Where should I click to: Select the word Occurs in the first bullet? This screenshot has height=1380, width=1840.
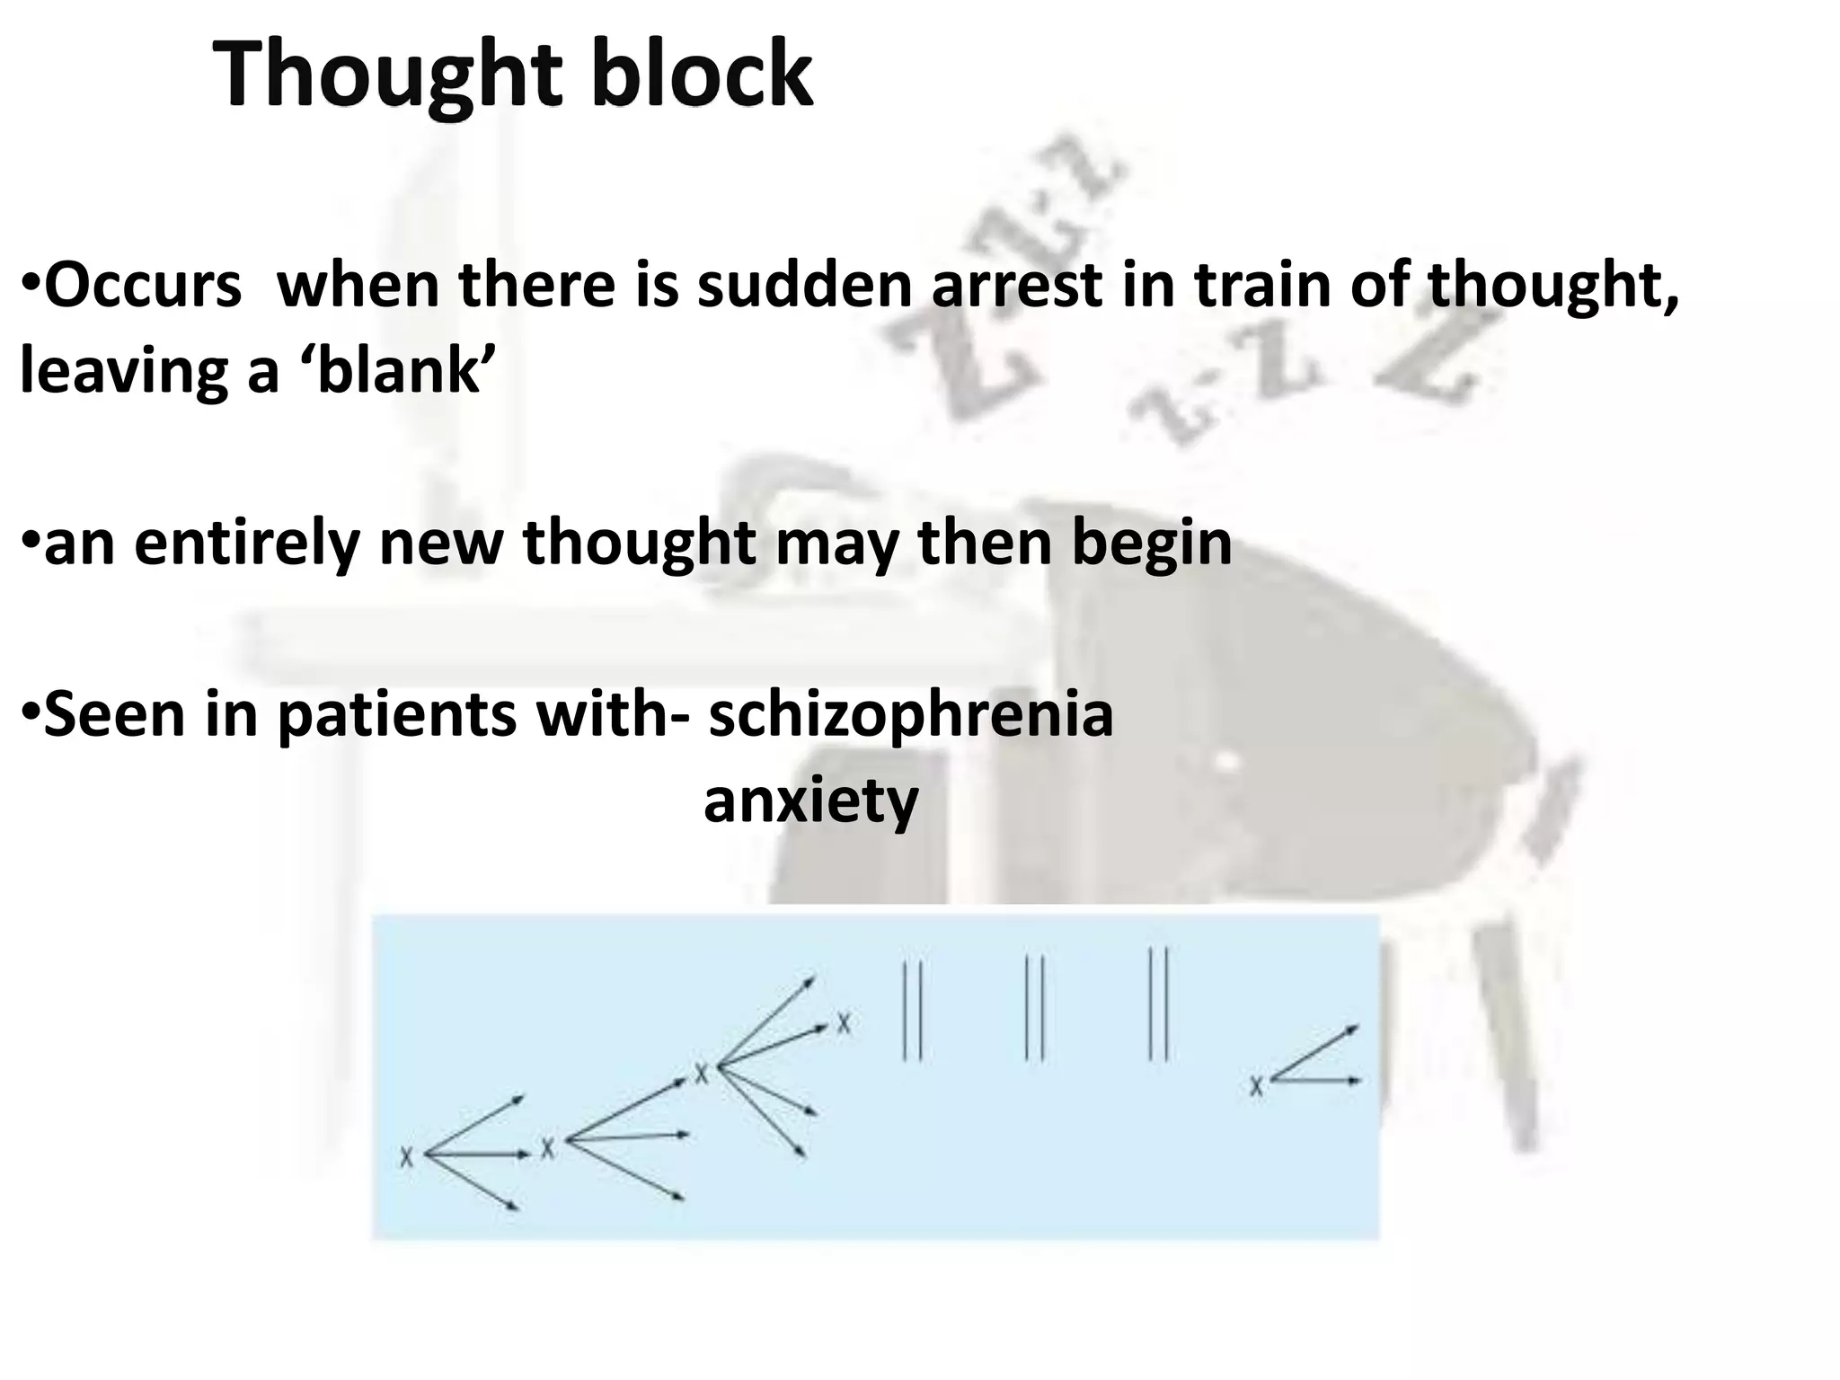point(143,286)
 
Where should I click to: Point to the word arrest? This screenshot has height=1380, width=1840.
point(1015,286)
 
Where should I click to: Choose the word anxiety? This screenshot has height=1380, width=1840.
point(810,801)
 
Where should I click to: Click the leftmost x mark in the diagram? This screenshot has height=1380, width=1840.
point(407,1156)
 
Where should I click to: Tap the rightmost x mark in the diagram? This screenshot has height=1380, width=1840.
point(1256,1087)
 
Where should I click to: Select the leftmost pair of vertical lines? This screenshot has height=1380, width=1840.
point(912,1010)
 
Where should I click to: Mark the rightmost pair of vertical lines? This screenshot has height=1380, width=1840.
point(1158,1004)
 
